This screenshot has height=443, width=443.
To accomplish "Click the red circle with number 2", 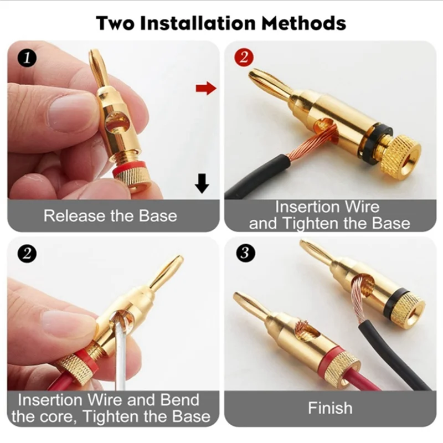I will point(245,57).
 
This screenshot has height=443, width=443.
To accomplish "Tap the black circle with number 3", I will point(245,253).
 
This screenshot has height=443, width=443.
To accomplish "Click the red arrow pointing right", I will point(205,88).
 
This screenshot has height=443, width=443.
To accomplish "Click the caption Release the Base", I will point(110,215).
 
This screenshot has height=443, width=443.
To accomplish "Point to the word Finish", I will point(330,409).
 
